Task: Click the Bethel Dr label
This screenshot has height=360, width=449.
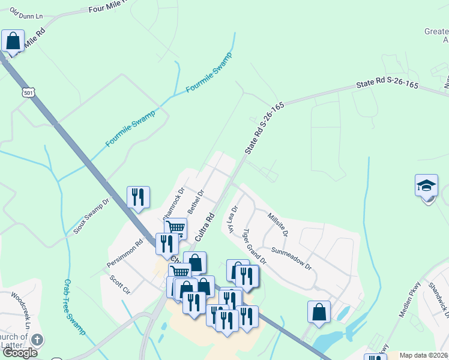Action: point(196,202)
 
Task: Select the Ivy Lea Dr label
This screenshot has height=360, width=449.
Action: point(231,220)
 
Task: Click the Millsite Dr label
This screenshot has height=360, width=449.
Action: point(278,224)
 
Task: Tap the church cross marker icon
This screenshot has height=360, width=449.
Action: point(36,340)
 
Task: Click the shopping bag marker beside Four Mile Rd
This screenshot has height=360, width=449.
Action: point(13,41)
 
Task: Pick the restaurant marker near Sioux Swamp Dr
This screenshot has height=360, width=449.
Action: point(138,197)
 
